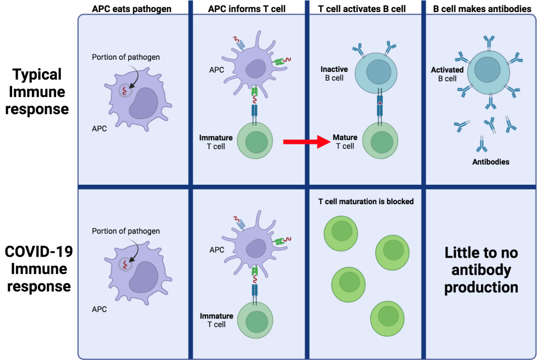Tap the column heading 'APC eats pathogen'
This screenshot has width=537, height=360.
[x=131, y=9]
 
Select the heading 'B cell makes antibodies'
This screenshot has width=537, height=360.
[x=482, y=9]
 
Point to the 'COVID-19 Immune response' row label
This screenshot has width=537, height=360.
[x=38, y=269]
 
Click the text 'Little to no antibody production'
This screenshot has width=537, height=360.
[x=481, y=270]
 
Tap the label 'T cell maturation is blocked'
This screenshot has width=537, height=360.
[x=366, y=201]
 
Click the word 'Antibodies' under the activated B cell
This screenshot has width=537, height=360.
[x=490, y=162]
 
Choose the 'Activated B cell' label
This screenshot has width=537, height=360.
[x=447, y=74]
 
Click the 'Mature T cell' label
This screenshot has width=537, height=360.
[x=345, y=142]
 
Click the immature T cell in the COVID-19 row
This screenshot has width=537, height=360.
[x=258, y=320]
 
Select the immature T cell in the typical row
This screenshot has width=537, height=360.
[x=258, y=142]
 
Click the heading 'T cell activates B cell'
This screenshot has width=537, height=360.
[x=363, y=9]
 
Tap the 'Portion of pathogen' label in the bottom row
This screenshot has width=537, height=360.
[x=126, y=231]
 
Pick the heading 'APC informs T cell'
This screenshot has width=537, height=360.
[x=247, y=9]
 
